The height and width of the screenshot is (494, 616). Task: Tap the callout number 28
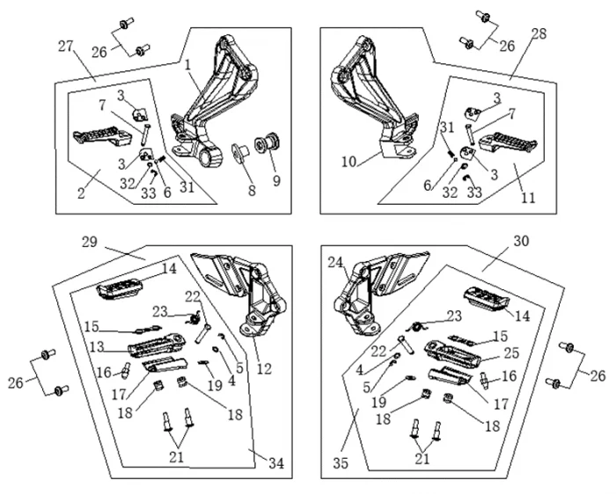539,34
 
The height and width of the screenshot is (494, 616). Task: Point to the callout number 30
521,241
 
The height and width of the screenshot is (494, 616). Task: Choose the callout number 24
335,263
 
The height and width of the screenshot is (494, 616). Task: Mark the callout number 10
348,162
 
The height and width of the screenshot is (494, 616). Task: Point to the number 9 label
276,181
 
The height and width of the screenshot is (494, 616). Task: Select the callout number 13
97,345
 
